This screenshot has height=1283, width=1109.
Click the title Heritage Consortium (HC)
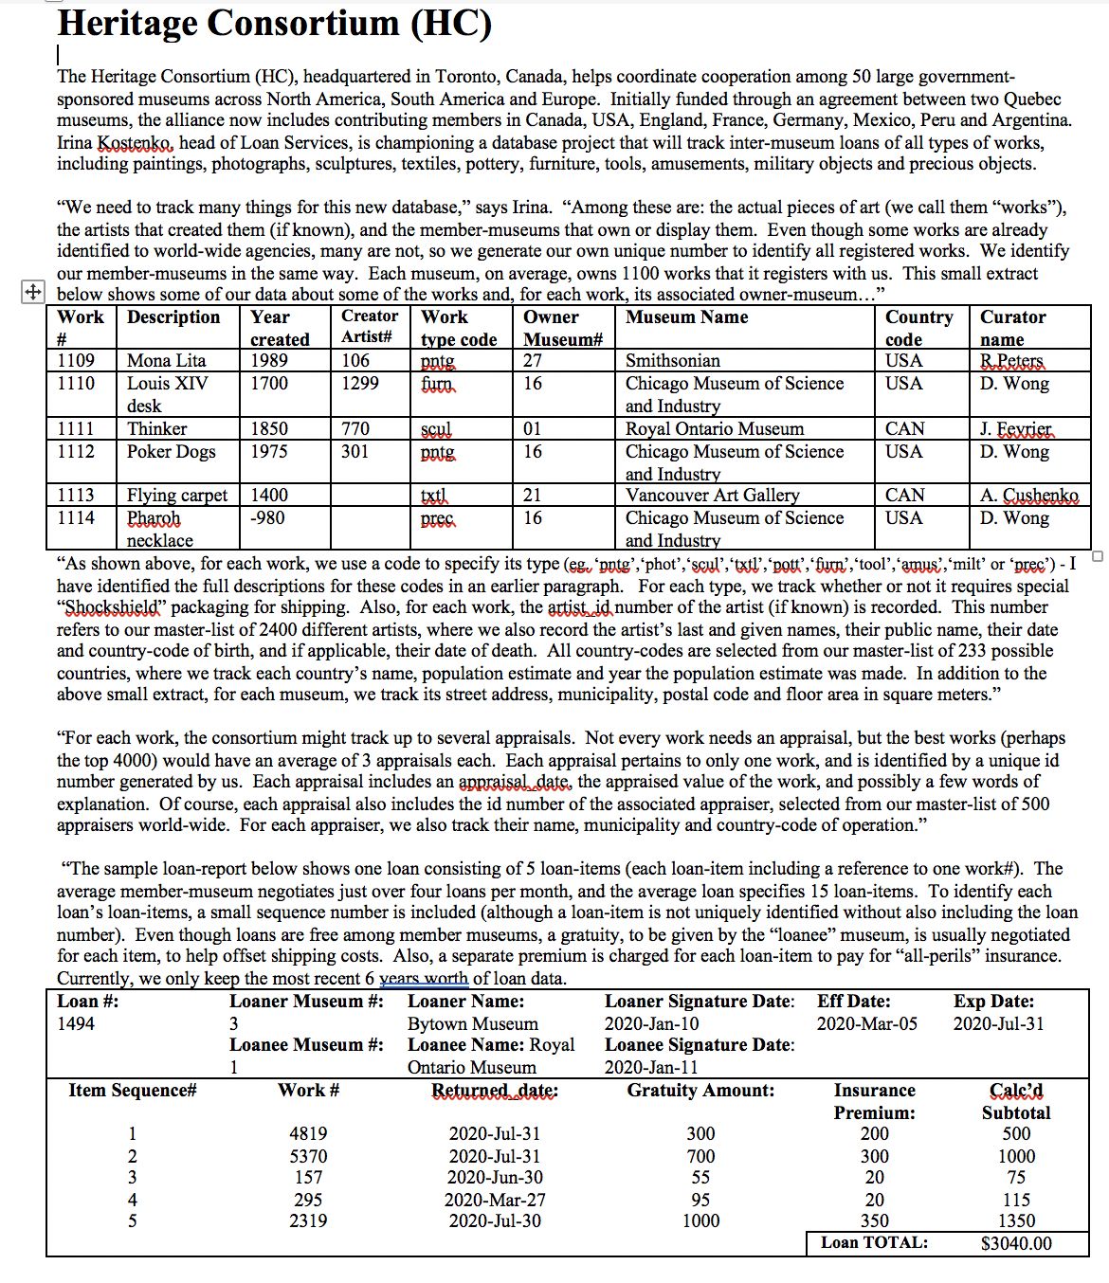tap(275, 24)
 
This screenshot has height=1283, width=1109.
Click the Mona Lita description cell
tap(167, 361)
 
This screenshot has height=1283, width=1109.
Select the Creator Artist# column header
tap(370, 327)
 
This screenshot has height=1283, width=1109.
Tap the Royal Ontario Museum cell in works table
tap(715, 429)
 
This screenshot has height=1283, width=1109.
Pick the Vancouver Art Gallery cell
tap(712, 496)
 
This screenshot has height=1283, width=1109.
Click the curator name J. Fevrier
tap(1015, 429)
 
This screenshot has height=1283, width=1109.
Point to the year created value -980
tap(267, 518)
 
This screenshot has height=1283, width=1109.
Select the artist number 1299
tap(360, 384)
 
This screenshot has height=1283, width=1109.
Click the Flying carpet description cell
tap(177, 496)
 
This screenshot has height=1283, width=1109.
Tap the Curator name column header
tap(1012, 328)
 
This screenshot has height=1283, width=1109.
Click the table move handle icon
tap(32, 292)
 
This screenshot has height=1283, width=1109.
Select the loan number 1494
tap(76, 1024)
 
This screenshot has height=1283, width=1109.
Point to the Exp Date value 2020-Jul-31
tap(998, 1024)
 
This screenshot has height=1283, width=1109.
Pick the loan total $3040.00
tap(1016, 1244)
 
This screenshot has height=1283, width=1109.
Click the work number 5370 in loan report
tap(308, 1157)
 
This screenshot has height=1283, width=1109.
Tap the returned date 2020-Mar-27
tap(495, 1201)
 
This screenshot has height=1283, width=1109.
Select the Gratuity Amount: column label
tap(700, 1091)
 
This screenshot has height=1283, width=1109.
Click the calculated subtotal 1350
tap(1016, 1221)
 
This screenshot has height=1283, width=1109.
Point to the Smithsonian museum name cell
tap(673, 361)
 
